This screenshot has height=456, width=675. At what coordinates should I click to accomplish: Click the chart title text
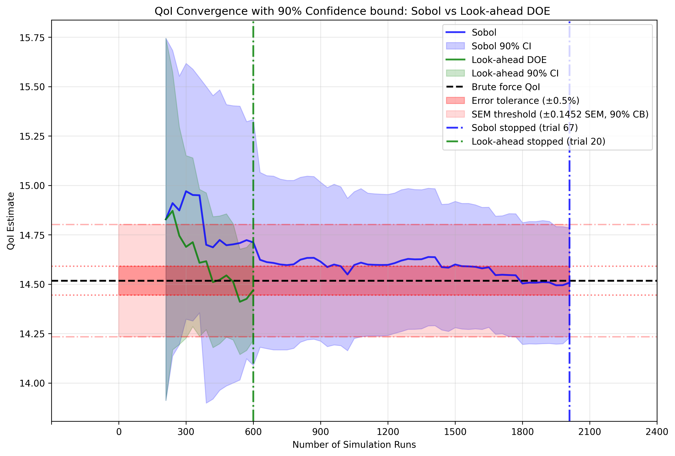pos(352,11)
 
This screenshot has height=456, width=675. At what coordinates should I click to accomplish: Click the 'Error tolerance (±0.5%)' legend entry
pos(525,101)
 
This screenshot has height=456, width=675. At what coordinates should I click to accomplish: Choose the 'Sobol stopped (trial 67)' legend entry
pos(525,128)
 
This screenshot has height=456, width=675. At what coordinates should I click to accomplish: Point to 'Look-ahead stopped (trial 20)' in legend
pos(538,142)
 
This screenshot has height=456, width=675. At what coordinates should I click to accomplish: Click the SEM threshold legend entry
pos(560,114)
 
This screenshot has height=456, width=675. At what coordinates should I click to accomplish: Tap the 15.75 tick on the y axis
pos(32,38)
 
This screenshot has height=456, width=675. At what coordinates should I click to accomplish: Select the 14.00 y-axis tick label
pos(32,383)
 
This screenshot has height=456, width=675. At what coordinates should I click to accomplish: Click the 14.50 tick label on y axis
pos(32,284)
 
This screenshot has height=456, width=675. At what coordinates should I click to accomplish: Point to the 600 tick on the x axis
pos(253,432)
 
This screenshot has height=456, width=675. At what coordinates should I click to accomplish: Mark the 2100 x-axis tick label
pos(590,432)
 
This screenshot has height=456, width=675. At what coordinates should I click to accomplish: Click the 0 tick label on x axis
pos(119,432)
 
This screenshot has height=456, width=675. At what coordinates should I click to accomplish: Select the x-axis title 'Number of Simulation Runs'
pos(354,445)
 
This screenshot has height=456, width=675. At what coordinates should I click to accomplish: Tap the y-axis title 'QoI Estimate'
pos(11,221)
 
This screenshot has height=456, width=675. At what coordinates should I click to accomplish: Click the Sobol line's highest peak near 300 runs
pos(186,191)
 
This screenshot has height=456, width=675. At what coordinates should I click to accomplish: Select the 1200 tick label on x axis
pos(388,432)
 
